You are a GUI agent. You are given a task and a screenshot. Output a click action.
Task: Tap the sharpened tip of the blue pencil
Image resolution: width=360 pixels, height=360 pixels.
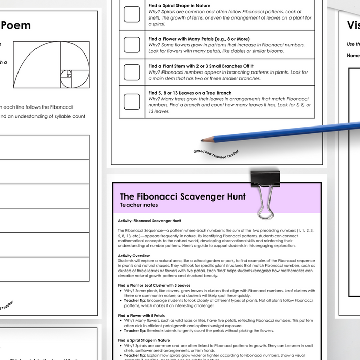(x=202, y=139)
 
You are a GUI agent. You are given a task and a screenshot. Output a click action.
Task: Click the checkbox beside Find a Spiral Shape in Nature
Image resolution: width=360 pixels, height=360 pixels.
(x=132, y=14)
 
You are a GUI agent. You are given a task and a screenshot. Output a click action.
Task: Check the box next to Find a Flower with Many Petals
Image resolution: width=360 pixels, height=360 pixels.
(x=132, y=45)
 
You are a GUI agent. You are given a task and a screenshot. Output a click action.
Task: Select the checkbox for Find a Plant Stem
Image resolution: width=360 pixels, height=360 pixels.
(x=132, y=72)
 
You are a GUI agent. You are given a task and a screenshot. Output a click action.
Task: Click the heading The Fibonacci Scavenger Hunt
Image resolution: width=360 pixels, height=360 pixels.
(x=183, y=196)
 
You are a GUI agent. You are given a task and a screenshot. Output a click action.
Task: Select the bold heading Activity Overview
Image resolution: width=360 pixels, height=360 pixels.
(x=134, y=256)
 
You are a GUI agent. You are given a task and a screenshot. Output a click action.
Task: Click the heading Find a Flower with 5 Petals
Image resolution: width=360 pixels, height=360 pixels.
(x=141, y=315)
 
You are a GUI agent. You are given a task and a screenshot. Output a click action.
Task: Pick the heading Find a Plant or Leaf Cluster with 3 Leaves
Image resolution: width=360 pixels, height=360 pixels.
(x=154, y=285)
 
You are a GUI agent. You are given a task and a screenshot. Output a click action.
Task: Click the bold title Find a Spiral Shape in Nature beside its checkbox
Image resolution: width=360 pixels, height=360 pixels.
(x=179, y=6)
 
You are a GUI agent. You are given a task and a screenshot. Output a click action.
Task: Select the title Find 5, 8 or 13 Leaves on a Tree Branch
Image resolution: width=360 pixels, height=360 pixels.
(x=184, y=93)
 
